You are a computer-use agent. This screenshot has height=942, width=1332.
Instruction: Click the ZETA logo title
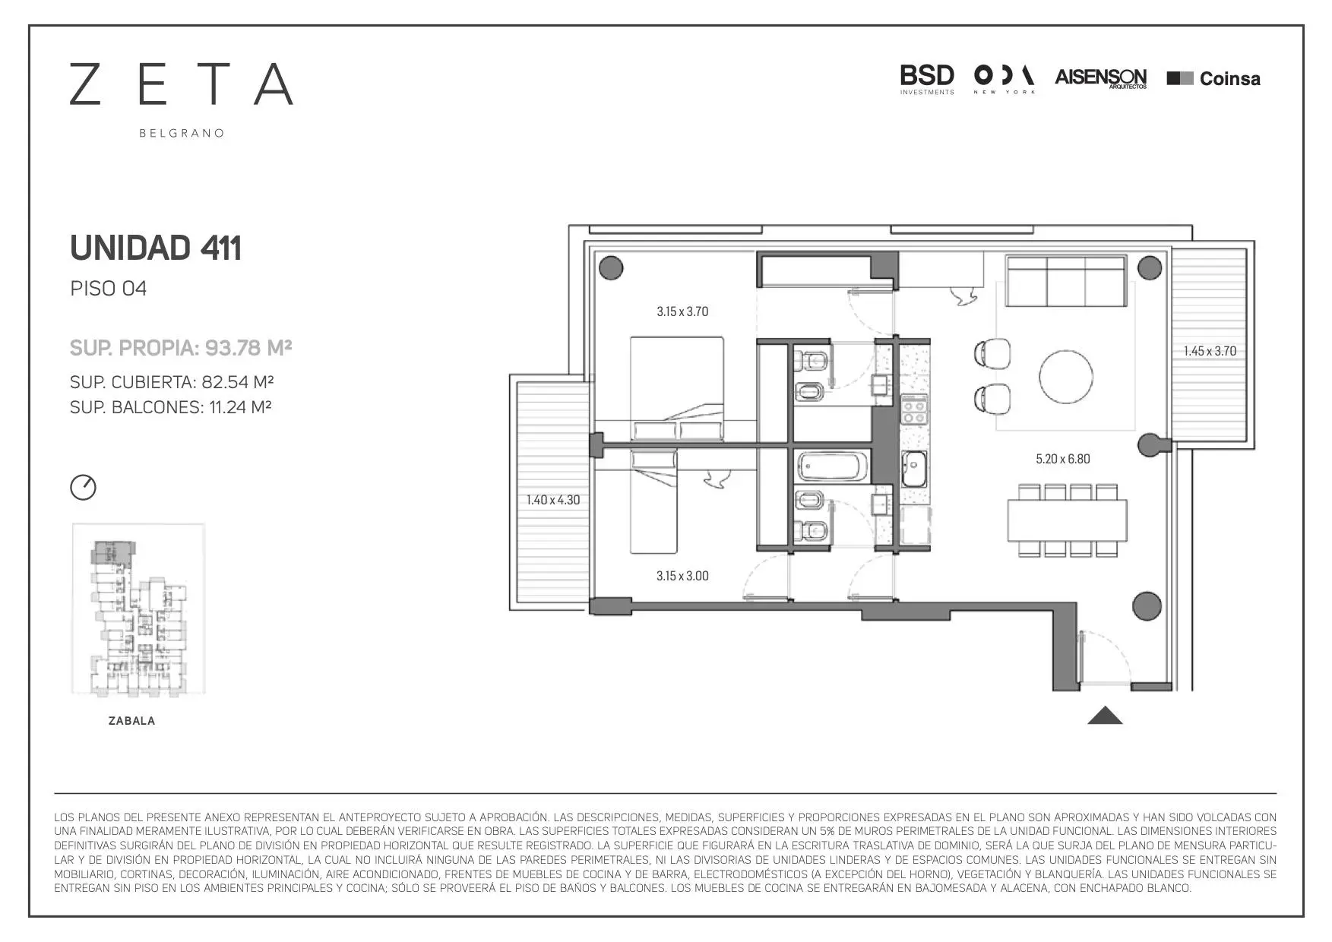182,84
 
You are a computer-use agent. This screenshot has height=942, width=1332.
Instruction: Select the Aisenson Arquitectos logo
1101,79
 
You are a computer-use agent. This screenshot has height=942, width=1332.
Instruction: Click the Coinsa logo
1213,78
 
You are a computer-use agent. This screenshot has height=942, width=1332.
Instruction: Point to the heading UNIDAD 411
156,248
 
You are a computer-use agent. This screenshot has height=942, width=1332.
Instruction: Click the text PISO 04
108,289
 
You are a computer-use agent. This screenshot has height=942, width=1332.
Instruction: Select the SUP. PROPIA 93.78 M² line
181,348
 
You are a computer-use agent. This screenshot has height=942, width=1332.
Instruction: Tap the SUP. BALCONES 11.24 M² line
171,407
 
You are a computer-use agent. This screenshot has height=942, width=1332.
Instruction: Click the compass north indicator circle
84,487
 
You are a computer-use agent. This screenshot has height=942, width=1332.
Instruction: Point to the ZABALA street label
132,721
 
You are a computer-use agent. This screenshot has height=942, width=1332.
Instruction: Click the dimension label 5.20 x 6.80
1062,459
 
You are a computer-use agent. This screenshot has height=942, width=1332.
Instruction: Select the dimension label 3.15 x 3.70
682,311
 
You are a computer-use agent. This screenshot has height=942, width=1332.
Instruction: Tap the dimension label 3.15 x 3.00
682,576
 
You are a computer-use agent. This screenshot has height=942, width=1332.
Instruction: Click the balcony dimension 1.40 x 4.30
553,500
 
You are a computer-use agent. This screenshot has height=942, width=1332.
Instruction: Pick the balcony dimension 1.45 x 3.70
1210,351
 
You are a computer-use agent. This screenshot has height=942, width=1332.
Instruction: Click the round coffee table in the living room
1066,376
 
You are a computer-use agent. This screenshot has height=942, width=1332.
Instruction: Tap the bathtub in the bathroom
831,466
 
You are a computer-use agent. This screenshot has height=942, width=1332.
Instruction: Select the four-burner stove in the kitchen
914,410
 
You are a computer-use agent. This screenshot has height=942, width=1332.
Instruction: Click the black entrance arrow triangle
1105,716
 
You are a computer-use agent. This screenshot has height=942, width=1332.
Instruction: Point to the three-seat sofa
1065,281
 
